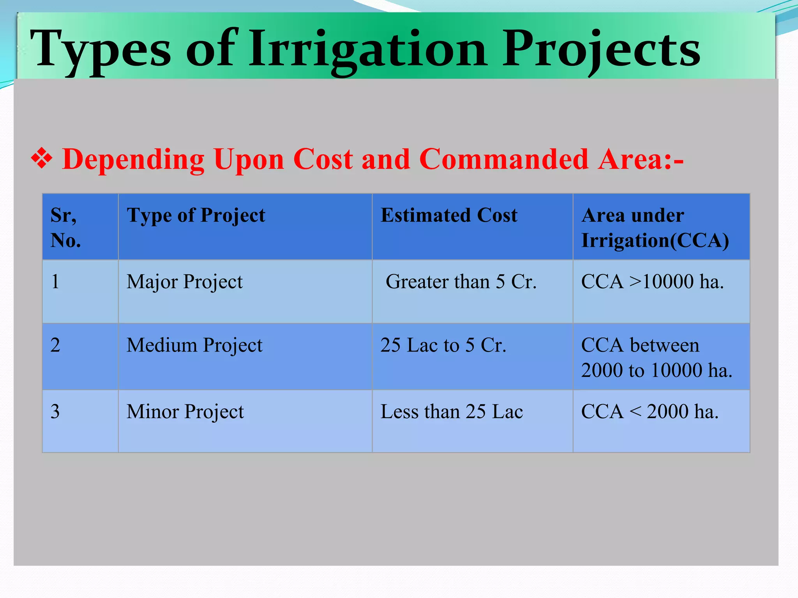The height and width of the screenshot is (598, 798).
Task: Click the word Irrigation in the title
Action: [368, 50]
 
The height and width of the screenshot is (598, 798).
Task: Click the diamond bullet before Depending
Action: [42, 159]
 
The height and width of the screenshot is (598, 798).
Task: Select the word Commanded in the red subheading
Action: [503, 159]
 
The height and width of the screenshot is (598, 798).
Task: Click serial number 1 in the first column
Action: [55, 282]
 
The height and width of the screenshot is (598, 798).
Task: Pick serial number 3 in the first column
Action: [55, 412]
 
